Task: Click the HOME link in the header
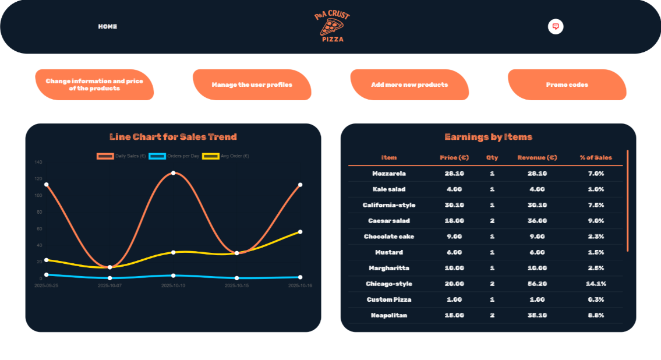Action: (107, 27)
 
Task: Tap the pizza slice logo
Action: (333, 26)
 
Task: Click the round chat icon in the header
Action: (556, 27)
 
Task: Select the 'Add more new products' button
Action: (409, 85)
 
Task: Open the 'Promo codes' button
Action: (567, 85)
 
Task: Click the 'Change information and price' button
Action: (94, 85)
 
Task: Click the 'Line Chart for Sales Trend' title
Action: (173, 137)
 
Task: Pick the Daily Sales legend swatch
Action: (105, 156)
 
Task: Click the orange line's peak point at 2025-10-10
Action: (173, 173)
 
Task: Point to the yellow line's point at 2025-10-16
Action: (300, 232)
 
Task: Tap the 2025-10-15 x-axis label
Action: (236, 286)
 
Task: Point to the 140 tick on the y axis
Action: (38, 162)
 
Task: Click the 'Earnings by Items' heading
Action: (488, 137)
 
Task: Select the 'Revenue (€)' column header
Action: (537, 158)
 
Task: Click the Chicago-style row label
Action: (389, 284)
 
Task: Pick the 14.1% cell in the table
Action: (596, 284)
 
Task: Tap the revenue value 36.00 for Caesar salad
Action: (537, 221)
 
